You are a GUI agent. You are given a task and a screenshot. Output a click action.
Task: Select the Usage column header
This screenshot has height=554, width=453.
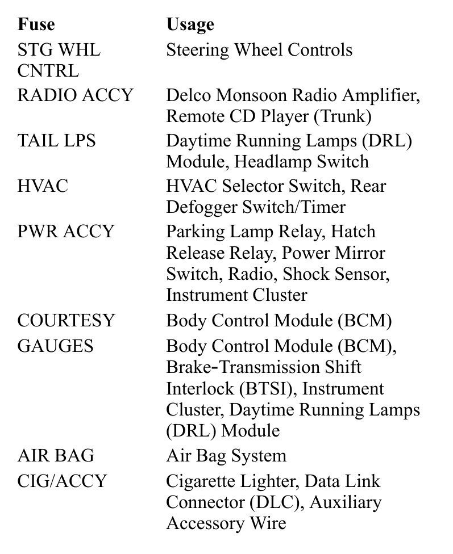tap(190, 25)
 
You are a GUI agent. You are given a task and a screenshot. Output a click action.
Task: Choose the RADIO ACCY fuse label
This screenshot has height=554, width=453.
tap(75, 95)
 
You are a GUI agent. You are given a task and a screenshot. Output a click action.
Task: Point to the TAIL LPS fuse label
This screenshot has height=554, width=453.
tap(56, 140)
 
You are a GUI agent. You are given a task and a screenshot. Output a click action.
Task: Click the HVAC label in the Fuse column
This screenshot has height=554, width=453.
tap(43, 186)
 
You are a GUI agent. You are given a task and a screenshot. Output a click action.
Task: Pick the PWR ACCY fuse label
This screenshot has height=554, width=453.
tap(66, 231)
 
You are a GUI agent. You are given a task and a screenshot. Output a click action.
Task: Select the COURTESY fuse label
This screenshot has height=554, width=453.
tap(66, 321)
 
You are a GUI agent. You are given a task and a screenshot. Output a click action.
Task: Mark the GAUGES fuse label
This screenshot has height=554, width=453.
tap(55, 346)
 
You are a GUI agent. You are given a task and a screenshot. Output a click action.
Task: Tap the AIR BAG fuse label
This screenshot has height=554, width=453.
tap(56, 455)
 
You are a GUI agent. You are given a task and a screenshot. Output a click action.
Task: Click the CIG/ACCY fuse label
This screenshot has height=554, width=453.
tap(62, 481)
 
